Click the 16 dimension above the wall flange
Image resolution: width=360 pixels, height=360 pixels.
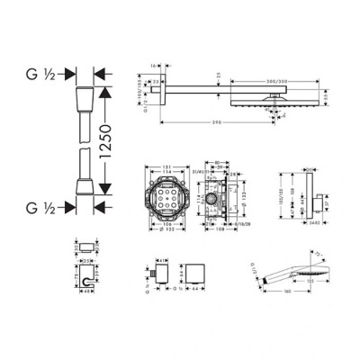tap(156, 66)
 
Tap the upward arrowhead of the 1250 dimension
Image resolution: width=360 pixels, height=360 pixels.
tap(106, 91)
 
